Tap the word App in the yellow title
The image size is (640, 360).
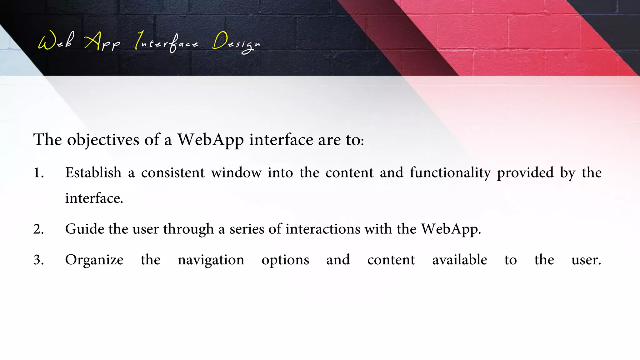click(102, 42)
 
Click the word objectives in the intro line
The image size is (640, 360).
click(103, 140)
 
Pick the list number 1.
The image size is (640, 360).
click(38, 173)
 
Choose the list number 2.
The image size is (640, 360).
click(38, 229)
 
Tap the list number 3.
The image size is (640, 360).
click(38, 260)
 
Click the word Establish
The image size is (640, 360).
click(93, 172)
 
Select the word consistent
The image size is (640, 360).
click(173, 173)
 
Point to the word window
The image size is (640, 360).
click(236, 173)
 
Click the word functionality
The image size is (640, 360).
click(450, 173)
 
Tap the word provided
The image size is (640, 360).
click(525, 173)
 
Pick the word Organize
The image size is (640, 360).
click(94, 260)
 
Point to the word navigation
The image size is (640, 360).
click(211, 260)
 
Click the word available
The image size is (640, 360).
click(459, 260)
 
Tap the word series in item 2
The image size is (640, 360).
click(247, 229)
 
